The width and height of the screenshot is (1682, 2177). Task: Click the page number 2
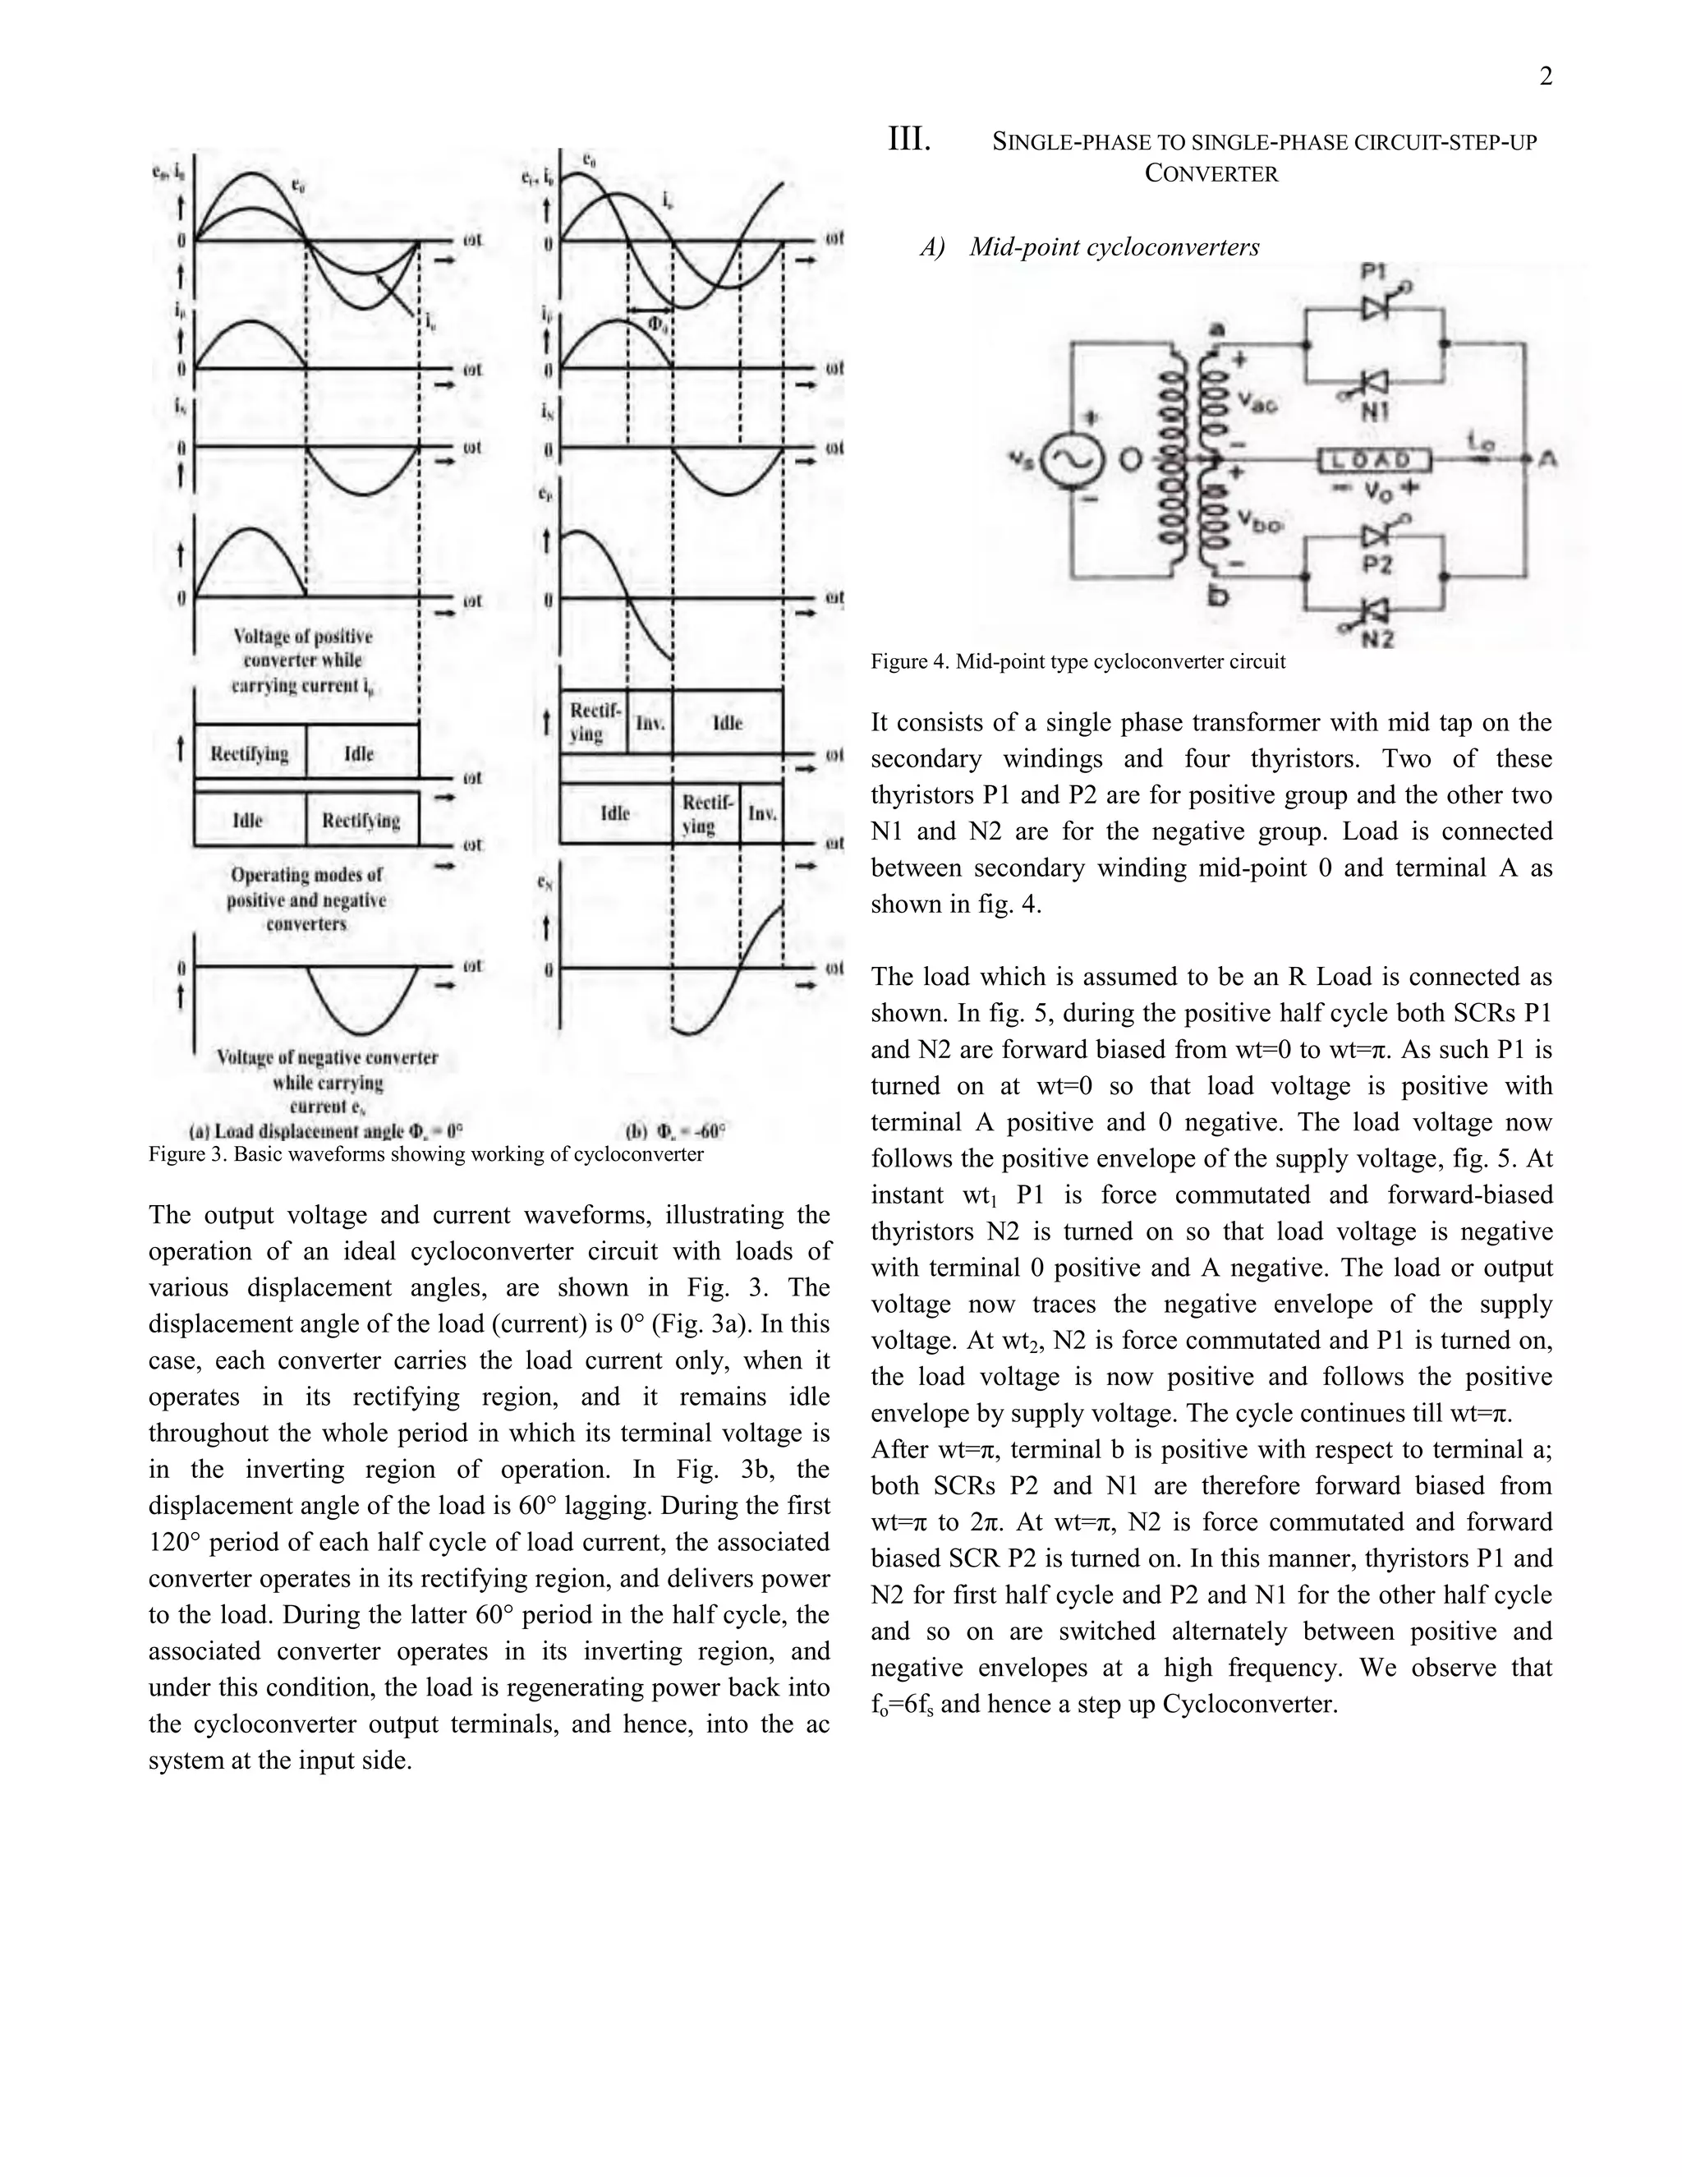pos(1546,76)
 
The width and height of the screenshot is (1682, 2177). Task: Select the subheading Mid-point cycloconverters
pos(1113,247)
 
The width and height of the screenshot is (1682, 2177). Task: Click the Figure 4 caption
pos(1078,662)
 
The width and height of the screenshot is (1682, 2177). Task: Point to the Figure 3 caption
pos(425,1154)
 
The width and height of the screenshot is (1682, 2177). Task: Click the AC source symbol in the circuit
pos(1073,462)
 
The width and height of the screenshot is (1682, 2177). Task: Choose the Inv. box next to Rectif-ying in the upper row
pos(650,723)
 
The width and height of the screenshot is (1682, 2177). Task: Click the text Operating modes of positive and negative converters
pos(306,899)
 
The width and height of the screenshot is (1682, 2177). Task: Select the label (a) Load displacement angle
pos(326,1131)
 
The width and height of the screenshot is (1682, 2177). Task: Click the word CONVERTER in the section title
pos(1211,173)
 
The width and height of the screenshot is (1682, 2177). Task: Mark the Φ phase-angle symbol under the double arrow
pos(658,324)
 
